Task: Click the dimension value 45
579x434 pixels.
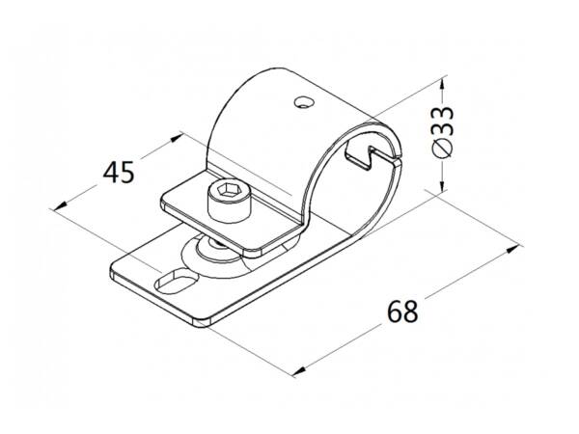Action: [118, 173]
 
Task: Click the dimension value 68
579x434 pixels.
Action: [402, 312]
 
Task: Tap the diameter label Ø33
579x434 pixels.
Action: [443, 132]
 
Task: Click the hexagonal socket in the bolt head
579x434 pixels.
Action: [225, 189]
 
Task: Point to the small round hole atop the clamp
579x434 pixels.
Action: [304, 102]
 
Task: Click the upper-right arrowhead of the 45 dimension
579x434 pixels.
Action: [176, 138]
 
